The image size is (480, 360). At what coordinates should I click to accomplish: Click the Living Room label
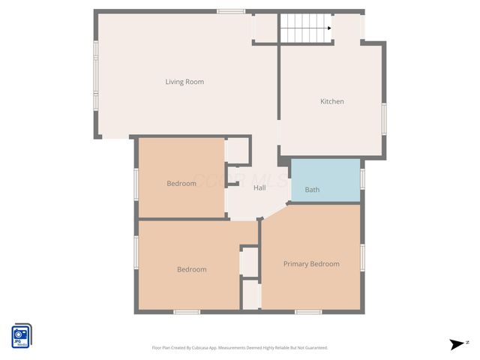[x=184, y=82]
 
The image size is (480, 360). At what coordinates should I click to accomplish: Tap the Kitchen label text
[x=332, y=101]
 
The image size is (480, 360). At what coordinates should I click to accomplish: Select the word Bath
[x=312, y=190]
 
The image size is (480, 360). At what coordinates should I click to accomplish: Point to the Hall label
[x=259, y=188]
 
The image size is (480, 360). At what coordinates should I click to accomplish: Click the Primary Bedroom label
[x=311, y=264]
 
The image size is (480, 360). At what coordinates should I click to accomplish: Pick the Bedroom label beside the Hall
[x=181, y=184]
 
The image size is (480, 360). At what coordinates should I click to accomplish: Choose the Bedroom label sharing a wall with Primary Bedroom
[x=191, y=269]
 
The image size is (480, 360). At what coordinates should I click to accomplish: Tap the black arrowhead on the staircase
[x=328, y=28]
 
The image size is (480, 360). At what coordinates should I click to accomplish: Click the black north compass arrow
[x=456, y=344]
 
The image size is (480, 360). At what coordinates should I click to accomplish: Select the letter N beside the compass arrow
[x=467, y=342]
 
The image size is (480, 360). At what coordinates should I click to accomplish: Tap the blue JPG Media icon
[x=21, y=335]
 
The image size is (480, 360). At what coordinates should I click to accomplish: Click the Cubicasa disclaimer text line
[x=239, y=348]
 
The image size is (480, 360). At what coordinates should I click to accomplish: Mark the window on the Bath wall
[x=362, y=179]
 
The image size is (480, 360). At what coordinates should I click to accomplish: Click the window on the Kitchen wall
[x=384, y=119]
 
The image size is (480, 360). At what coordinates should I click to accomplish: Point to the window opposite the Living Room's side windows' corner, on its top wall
[x=231, y=11]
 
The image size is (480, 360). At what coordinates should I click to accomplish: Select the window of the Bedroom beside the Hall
[x=136, y=184]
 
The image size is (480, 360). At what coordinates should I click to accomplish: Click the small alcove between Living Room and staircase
[x=265, y=28]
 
